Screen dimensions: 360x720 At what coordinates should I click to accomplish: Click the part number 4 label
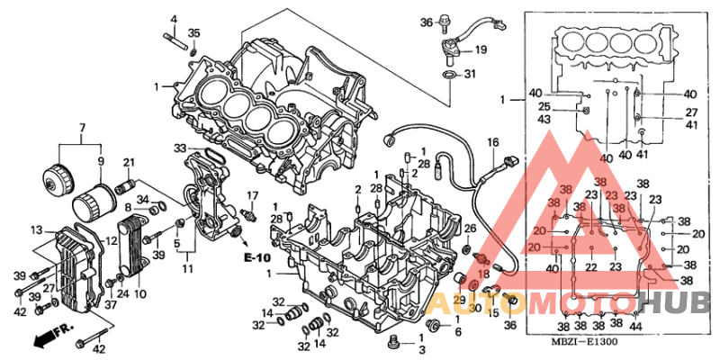tap(174, 19)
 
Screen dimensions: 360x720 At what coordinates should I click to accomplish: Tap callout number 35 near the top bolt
tap(194, 34)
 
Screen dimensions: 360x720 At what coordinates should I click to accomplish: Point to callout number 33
tap(180, 148)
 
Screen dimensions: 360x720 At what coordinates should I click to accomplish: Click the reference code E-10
tap(256, 258)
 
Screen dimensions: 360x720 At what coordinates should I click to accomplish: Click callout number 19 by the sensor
tap(481, 50)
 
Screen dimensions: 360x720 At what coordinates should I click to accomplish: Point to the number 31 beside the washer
tap(468, 74)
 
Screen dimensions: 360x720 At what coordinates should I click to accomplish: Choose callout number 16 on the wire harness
tap(492, 143)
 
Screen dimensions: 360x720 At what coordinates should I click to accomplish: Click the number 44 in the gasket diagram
tap(636, 326)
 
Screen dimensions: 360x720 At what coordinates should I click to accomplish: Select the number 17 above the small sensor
tap(253, 195)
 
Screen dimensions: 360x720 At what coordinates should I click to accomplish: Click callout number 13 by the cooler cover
tap(36, 229)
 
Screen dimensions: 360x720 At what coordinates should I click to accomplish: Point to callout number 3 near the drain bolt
tap(421, 348)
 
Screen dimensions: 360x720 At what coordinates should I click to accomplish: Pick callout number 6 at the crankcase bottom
tap(457, 332)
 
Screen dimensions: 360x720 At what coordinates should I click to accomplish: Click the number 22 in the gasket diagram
tap(591, 267)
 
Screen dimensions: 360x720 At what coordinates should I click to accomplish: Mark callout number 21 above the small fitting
tap(128, 162)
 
